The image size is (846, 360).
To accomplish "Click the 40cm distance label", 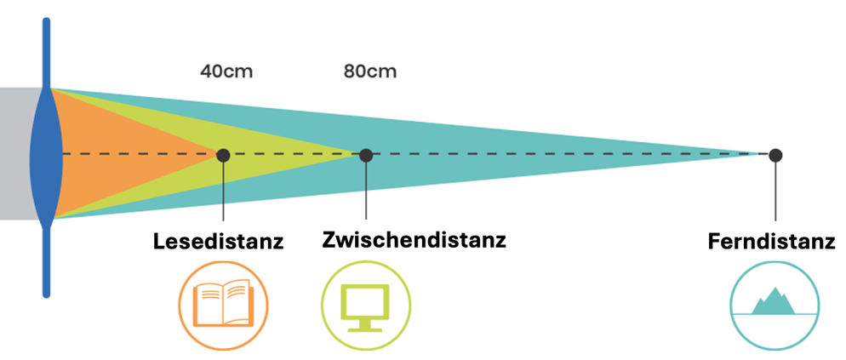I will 226,71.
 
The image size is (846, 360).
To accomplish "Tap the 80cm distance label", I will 370,71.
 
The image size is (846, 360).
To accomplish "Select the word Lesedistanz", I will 218,242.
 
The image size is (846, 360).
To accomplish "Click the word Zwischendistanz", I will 414,239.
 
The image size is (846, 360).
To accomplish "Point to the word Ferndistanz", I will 771,242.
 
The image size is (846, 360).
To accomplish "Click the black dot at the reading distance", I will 223,155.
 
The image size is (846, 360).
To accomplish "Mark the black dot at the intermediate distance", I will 366,155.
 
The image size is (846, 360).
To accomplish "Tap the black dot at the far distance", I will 775,155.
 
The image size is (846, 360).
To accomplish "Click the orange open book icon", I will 223,304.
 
